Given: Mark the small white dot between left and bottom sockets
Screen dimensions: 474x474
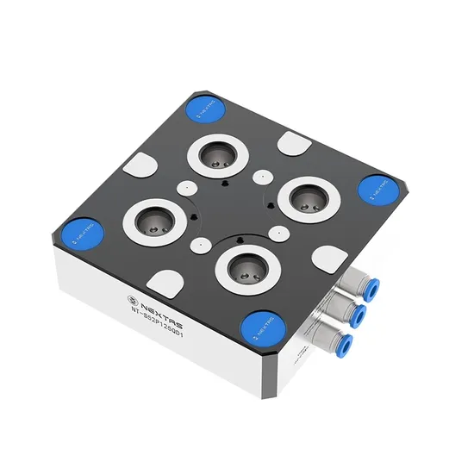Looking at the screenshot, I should point(199,245).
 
